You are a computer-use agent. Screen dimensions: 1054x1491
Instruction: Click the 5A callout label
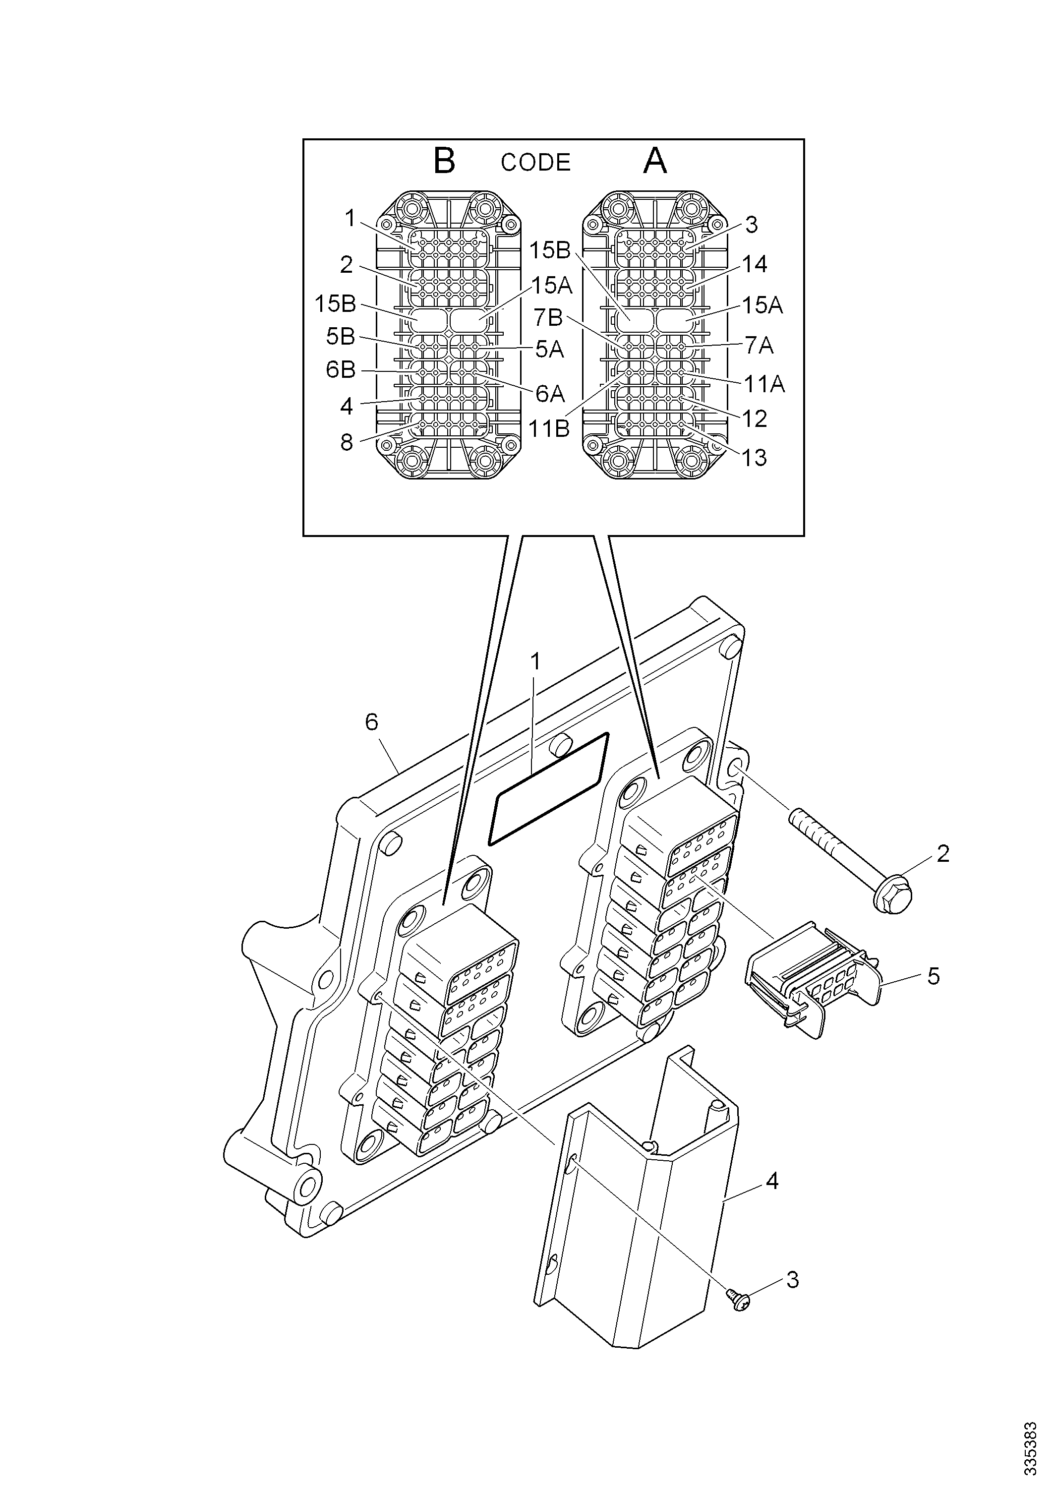[549, 350]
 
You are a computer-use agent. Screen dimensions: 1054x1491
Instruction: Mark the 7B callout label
[548, 317]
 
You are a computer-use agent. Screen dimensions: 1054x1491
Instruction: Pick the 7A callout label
[759, 346]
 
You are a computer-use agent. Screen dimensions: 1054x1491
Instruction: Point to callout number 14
[755, 264]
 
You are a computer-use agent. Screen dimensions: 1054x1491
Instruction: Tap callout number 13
[754, 458]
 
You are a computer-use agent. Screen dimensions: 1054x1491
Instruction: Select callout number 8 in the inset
[347, 443]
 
